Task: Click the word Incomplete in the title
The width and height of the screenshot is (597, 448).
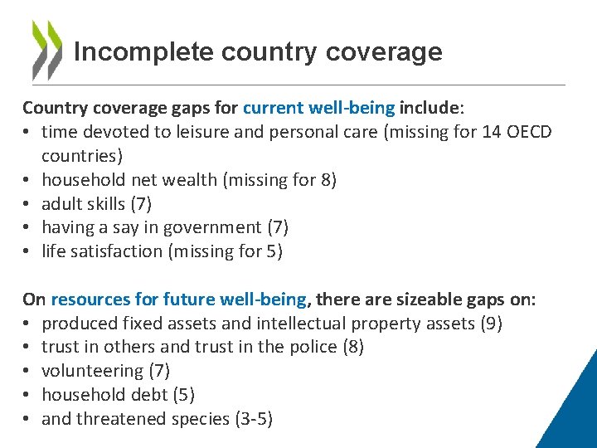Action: tap(143, 52)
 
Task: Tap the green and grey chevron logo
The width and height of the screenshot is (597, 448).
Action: tap(46, 50)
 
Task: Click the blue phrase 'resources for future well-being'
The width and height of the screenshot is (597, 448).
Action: tap(179, 299)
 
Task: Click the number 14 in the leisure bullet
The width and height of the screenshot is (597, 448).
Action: tap(491, 132)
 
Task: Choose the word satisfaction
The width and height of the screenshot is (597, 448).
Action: tap(116, 251)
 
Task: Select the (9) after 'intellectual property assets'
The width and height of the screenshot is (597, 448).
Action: tap(491, 323)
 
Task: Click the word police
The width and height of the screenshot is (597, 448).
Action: tap(314, 347)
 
